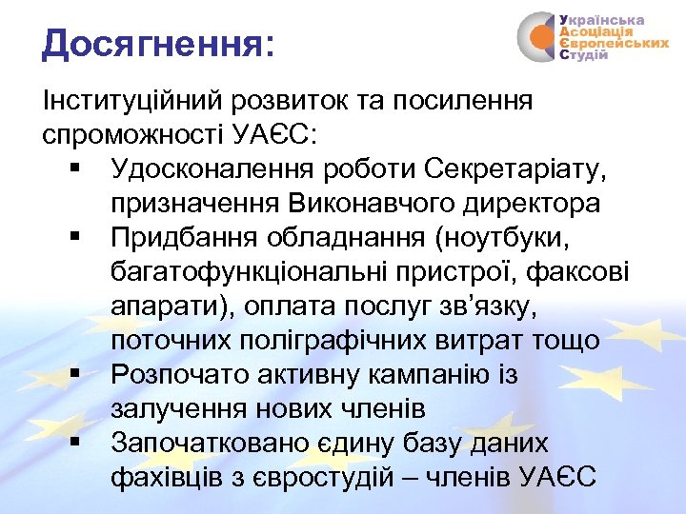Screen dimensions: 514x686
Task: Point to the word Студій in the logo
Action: tap(582, 56)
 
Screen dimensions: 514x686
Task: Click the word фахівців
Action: tap(168, 477)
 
